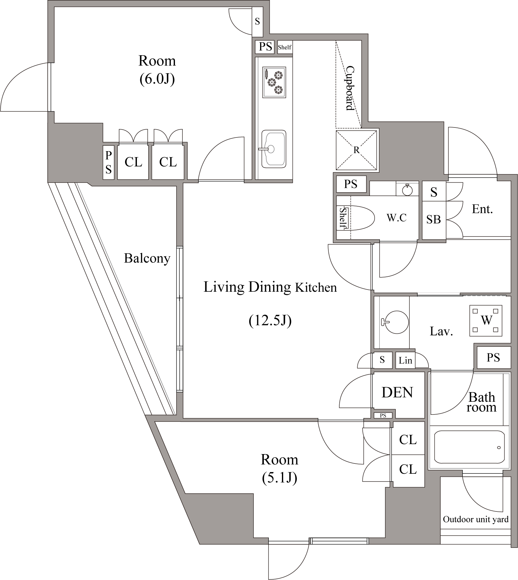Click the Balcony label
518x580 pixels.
[147, 258]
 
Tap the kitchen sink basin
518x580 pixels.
[274, 149]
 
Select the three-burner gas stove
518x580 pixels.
[274, 82]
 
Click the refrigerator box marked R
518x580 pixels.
[356, 150]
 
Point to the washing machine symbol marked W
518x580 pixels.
[486, 321]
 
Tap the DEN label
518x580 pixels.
[397, 392]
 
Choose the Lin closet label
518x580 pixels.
[405, 361]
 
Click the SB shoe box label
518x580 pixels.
[433, 219]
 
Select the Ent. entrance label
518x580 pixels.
[482, 209]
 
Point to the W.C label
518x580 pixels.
[396, 218]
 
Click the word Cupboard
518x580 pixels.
[350, 88]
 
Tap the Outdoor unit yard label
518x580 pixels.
[476, 519]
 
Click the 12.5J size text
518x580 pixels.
[270, 320]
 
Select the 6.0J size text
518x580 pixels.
[157, 79]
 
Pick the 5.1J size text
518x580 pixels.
[279, 478]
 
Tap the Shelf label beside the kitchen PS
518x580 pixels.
[285, 47]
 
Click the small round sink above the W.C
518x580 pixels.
[407, 189]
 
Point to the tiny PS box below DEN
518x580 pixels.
[383, 415]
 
